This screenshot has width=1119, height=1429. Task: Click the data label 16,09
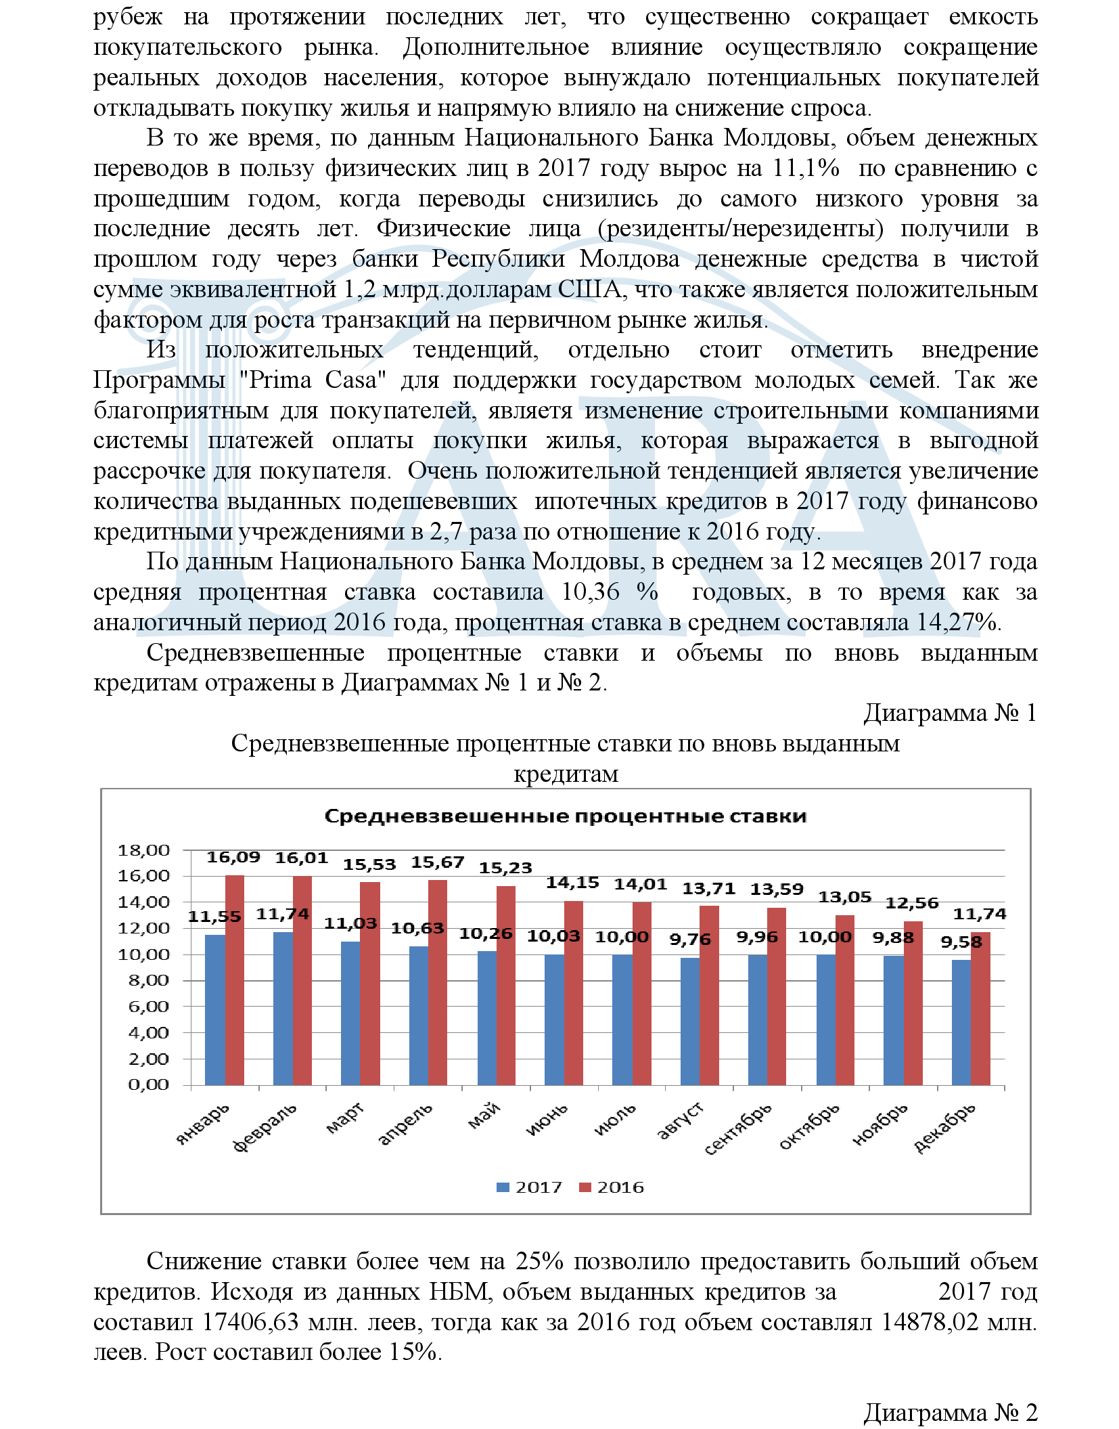(233, 857)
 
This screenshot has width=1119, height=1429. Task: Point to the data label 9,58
(960, 942)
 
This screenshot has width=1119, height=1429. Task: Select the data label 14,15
(572, 882)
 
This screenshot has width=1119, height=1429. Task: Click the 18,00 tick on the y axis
(143, 850)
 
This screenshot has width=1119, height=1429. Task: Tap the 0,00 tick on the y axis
(148, 1084)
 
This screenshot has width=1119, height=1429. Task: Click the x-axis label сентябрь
(738, 1129)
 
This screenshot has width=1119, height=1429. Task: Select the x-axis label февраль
(265, 1127)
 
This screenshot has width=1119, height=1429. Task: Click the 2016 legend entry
(612, 1187)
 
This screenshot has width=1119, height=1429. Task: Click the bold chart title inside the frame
(565, 816)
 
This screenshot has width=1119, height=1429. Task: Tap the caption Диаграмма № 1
(949, 713)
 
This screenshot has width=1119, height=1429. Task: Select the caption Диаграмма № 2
(949, 1413)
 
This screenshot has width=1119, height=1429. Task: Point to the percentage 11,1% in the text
(805, 168)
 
